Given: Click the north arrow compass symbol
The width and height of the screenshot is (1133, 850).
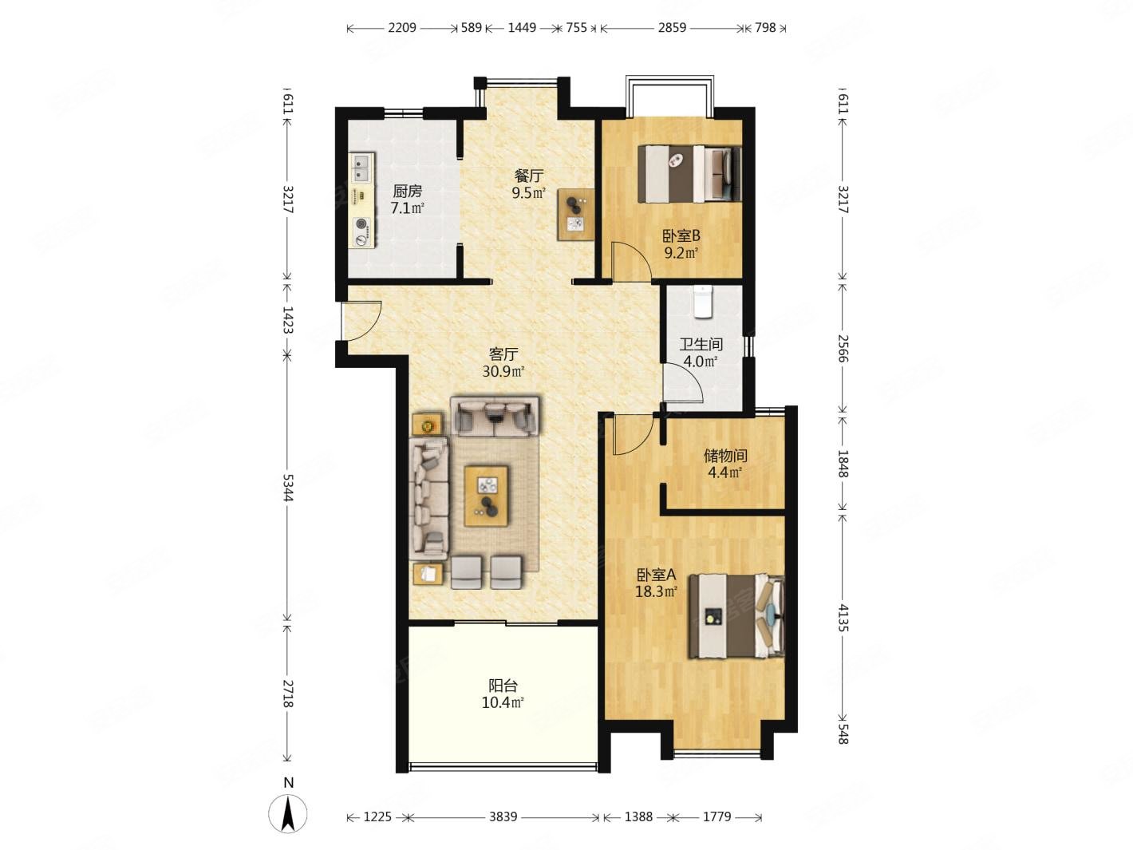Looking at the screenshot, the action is [287, 812].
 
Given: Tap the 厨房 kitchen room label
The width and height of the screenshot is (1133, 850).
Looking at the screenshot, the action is [407, 192].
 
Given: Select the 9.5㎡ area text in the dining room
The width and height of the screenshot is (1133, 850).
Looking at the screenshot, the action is [528, 193].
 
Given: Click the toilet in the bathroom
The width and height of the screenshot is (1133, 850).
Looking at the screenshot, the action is [702, 302].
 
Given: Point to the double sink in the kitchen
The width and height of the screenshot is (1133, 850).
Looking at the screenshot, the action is [361, 168].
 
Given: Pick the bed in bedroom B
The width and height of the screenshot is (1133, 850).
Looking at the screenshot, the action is [689, 174].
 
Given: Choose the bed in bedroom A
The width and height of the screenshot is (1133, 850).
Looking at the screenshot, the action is [737, 616].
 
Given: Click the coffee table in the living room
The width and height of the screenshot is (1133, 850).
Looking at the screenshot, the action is [486, 496].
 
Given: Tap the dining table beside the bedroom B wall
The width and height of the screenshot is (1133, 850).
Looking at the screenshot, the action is [575, 214].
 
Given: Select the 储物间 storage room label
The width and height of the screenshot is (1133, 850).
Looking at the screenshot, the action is [725, 456].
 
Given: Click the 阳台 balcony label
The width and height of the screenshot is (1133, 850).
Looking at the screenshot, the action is [503, 686].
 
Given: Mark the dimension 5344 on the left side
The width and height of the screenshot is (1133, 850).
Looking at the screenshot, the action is [288, 487].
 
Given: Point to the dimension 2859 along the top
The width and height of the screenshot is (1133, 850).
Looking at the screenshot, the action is [672, 27].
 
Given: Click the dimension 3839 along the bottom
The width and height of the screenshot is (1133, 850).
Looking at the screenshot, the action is [503, 816].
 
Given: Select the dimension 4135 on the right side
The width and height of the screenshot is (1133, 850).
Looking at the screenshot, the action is [843, 618].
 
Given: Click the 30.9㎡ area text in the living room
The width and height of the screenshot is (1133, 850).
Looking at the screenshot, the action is [503, 371].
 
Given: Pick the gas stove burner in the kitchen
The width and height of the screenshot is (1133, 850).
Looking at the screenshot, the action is [361, 224].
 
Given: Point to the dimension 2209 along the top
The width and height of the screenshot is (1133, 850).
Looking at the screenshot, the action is [402, 27].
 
